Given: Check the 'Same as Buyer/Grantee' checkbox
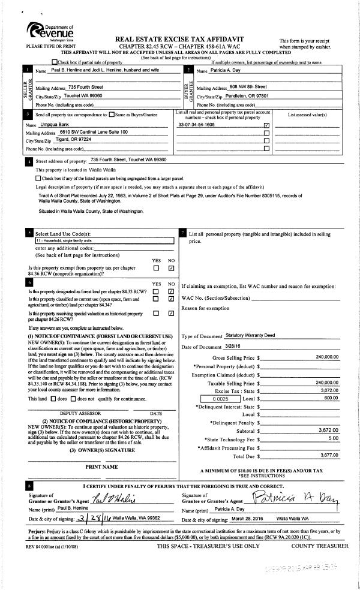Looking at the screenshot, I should click(112, 114).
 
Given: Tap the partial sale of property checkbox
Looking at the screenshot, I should click(56, 62).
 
